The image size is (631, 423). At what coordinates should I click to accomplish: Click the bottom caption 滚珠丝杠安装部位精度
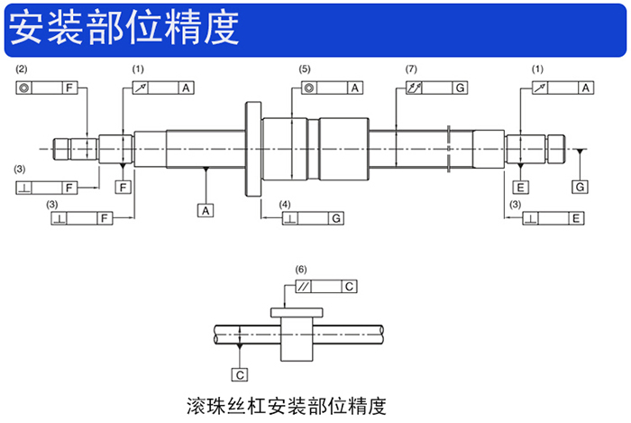tap(285, 402)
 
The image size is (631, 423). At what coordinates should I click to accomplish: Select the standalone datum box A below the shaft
tap(206, 210)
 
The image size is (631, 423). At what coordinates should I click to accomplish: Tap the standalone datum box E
tap(521, 187)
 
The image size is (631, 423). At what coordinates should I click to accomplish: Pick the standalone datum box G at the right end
tap(580, 187)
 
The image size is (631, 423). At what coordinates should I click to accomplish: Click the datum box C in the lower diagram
tap(240, 373)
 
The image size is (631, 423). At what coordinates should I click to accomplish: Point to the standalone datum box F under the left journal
tap(123, 187)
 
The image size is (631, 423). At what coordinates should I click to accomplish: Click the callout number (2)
tap(23, 69)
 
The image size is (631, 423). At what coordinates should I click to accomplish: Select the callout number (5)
tap(305, 69)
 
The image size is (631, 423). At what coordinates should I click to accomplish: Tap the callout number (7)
tap(412, 69)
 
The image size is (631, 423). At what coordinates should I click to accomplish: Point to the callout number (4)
tap(285, 204)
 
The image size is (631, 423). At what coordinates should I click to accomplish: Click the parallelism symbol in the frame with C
tap(307, 287)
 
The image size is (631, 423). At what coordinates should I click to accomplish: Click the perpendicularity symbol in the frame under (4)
tap(289, 218)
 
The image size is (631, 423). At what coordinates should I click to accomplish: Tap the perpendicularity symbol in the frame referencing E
tap(532, 218)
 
